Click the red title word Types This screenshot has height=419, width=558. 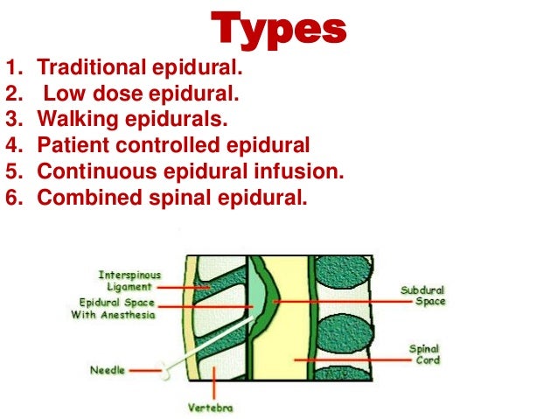[x=278, y=29]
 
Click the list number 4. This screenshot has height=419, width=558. [x=13, y=145]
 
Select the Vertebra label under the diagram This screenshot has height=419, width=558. [x=209, y=407]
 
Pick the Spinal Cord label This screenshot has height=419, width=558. [x=424, y=353]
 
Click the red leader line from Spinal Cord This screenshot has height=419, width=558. [x=350, y=359]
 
